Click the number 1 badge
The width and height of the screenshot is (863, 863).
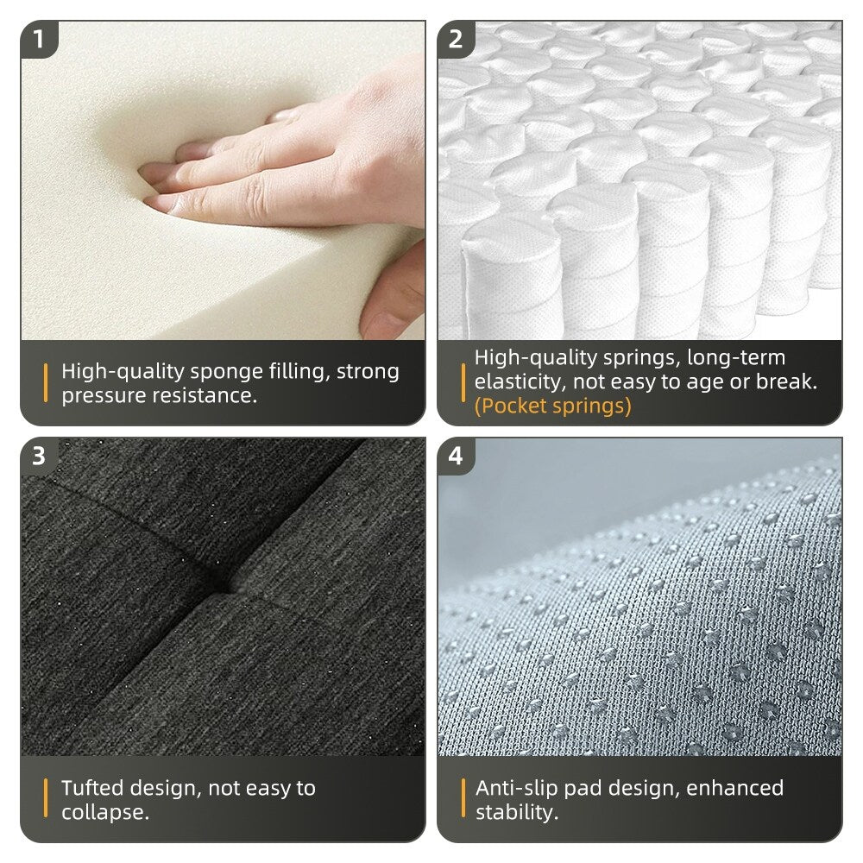click(38, 40)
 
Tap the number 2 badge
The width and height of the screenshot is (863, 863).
click(455, 40)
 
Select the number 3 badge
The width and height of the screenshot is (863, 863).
click(38, 456)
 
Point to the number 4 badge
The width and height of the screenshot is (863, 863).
click(455, 456)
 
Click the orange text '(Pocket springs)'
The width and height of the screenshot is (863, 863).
click(552, 406)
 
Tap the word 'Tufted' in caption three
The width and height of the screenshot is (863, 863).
click(92, 788)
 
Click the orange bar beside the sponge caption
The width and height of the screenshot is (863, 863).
click(46, 383)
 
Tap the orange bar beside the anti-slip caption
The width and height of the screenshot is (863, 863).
click(463, 799)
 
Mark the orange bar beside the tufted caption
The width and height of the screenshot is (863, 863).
click(46, 799)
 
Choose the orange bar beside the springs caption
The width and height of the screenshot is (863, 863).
click(463, 381)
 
